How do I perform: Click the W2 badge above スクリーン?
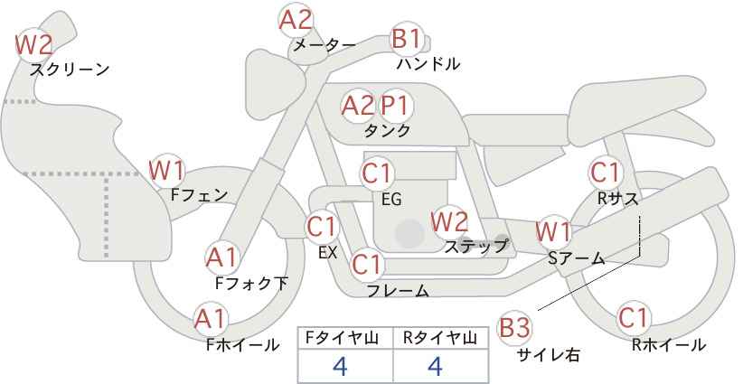[33, 45]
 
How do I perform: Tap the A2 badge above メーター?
[296, 20]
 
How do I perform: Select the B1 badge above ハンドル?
[407, 39]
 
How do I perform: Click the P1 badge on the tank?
[395, 106]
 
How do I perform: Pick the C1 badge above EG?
[377, 173]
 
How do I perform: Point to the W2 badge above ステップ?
[449, 221]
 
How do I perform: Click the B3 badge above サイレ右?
[513, 328]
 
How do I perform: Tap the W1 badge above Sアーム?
[553, 232]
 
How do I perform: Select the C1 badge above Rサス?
[605, 173]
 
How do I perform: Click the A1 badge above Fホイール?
[211, 319]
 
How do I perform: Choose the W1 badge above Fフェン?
[167, 171]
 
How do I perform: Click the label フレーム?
[398, 290]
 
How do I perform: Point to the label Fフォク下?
[251, 283]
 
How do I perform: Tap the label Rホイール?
[669, 345]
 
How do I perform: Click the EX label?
[327, 253]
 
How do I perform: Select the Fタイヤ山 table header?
[342, 338]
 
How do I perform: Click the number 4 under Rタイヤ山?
[435, 366]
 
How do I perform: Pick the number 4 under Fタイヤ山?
[340, 366]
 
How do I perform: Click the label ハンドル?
[428, 63]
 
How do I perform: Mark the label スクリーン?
[70, 70]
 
